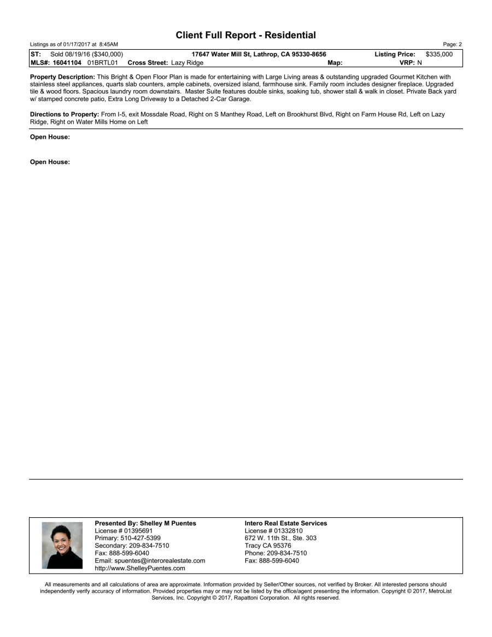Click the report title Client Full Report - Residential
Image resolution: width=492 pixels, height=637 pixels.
click(x=246, y=35)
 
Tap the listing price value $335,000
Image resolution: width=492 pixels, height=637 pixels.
click(x=439, y=54)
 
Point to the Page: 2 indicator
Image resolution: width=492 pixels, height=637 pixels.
click(x=454, y=44)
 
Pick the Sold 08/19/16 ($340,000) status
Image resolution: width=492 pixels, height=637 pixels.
click(x=86, y=54)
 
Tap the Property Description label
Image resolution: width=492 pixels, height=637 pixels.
click(x=62, y=77)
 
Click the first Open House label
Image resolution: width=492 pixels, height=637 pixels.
click(x=50, y=137)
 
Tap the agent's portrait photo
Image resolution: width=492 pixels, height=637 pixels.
click(x=62, y=546)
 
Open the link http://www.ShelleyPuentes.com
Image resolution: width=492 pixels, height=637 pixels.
click(x=140, y=568)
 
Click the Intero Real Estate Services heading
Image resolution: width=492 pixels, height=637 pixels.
click(x=286, y=523)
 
